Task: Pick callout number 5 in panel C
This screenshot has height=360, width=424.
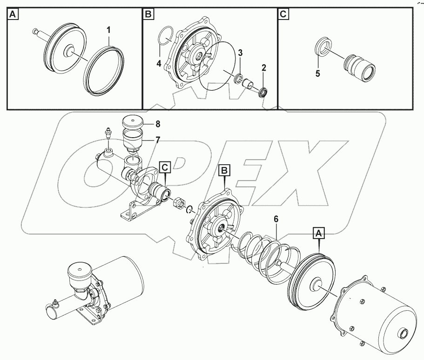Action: click(318, 73)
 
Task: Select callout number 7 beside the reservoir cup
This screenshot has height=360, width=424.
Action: click(157, 139)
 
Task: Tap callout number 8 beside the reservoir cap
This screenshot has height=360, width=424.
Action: click(157, 124)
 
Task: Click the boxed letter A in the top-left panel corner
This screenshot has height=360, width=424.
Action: click(13, 15)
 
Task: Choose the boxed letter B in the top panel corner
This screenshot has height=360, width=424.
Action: click(148, 15)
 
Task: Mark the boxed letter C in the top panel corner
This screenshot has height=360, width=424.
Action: click(283, 15)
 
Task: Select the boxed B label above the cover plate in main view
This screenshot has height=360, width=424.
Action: click(224, 171)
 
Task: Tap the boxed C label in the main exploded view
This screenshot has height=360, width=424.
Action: click(166, 166)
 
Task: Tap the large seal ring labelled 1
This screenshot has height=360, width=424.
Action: click(105, 71)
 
